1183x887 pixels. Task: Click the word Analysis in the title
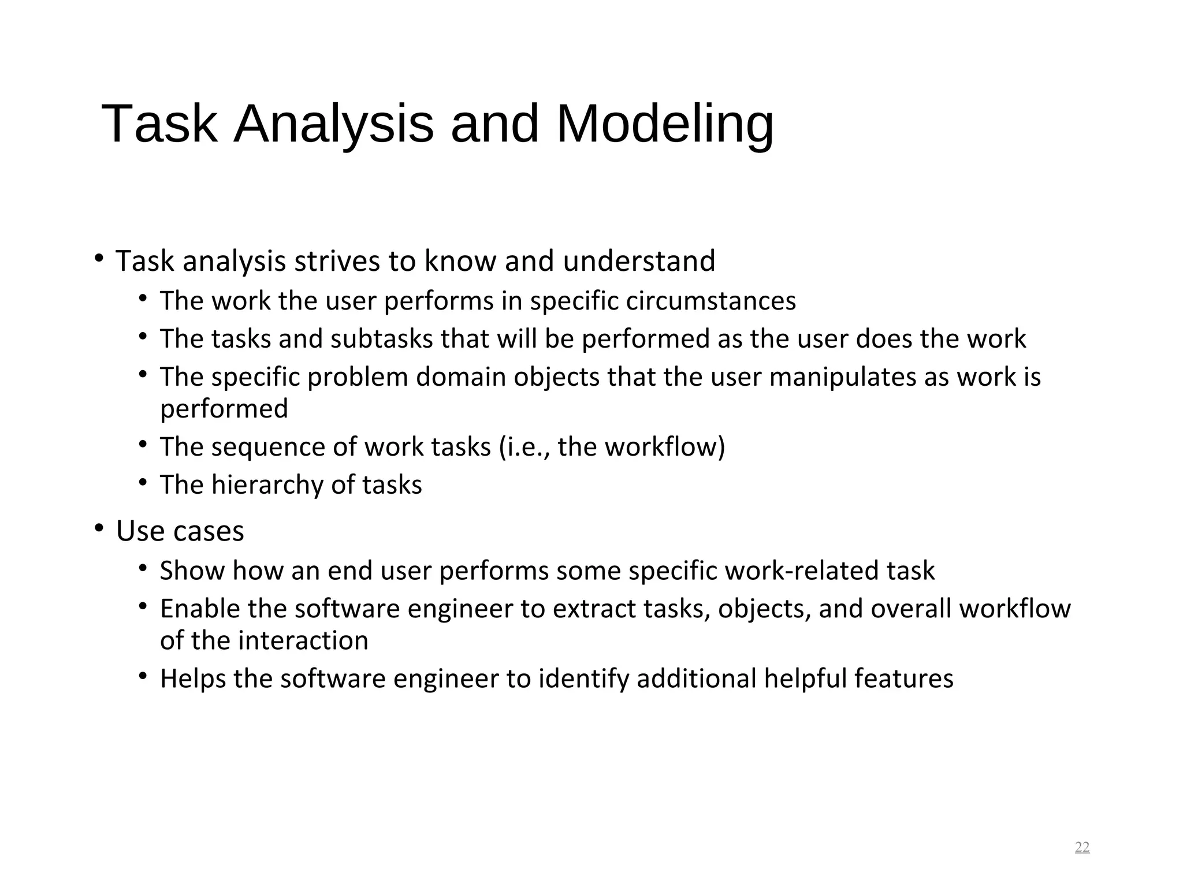[x=333, y=124]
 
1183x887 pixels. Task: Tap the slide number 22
[x=1082, y=847]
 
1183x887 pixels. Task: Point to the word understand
[x=639, y=261]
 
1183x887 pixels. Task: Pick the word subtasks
[x=381, y=339]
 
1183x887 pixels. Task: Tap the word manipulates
[x=843, y=377]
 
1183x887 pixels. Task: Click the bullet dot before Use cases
[x=99, y=527]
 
